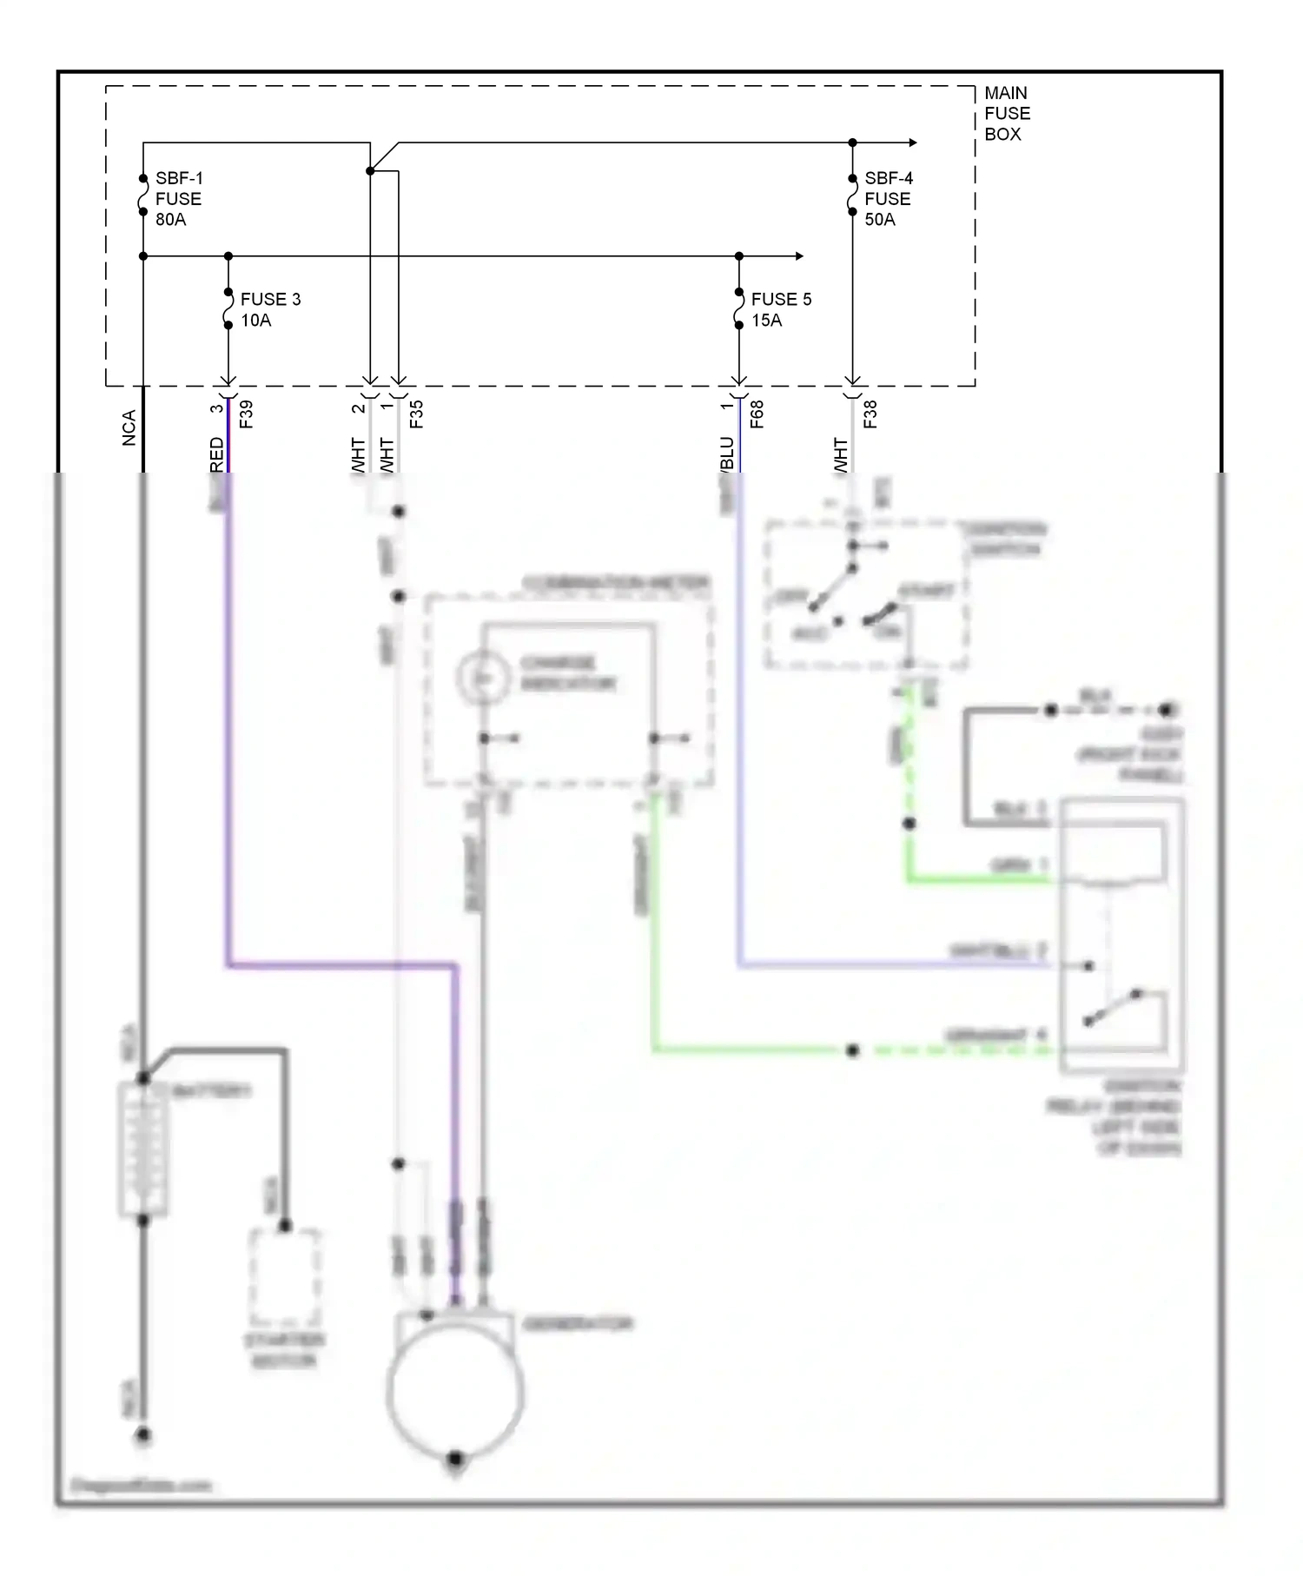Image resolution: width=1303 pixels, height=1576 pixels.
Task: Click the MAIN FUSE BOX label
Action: [x=1007, y=113]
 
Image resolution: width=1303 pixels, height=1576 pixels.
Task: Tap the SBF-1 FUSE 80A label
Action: [x=178, y=199]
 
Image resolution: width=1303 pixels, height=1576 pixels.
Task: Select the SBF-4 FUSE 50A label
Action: [x=888, y=199]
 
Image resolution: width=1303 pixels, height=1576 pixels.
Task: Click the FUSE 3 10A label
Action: [x=270, y=309]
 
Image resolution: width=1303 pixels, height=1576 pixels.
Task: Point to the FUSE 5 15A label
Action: [x=781, y=309]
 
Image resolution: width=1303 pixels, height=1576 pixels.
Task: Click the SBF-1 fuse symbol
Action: [x=143, y=195]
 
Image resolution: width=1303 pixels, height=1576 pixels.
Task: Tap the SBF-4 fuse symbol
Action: [x=852, y=195]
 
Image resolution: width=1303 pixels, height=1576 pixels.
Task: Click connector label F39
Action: [x=247, y=414]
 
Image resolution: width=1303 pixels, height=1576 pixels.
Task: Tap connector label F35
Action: [x=417, y=414]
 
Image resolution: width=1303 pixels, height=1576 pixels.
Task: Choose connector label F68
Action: [x=757, y=414]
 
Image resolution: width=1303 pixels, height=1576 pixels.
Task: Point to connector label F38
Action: [x=870, y=414]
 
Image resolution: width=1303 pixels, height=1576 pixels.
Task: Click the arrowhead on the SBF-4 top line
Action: [x=912, y=142]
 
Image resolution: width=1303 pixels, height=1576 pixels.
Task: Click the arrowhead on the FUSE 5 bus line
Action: [x=798, y=256]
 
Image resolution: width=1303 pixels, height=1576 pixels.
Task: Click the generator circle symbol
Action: [x=455, y=1394]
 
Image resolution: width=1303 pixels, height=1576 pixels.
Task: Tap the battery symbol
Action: [x=143, y=1149]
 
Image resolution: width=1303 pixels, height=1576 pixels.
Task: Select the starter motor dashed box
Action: [x=285, y=1275]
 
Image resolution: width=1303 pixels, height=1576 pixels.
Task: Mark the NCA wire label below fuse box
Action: [x=129, y=428]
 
